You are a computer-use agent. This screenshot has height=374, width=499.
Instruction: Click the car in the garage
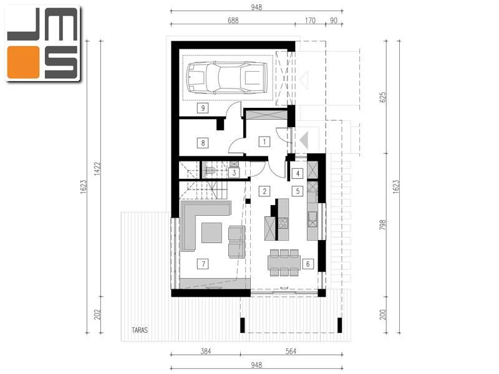(x=227, y=78)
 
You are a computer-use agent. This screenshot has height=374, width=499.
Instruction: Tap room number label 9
(x=203, y=108)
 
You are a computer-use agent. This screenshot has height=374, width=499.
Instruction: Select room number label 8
(x=203, y=143)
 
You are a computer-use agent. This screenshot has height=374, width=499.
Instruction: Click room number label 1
(x=264, y=141)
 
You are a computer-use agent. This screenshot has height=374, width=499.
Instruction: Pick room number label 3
(x=235, y=173)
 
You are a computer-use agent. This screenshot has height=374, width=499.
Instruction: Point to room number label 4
(x=298, y=173)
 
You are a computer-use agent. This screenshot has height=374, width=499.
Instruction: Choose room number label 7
(x=203, y=264)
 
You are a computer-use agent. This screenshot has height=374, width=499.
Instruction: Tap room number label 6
(x=308, y=264)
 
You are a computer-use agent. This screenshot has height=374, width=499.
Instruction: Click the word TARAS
(x=140, y=330)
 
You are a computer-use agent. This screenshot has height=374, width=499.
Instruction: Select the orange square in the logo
(x=24, y=62)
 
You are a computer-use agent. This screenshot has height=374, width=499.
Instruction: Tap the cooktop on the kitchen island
(x=283, y=223)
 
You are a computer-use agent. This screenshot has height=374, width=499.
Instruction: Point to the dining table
(x=284, y=262)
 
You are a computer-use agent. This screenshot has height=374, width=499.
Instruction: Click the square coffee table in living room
(x=211, y=233)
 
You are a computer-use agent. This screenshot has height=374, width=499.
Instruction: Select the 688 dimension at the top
(x=233, y=21)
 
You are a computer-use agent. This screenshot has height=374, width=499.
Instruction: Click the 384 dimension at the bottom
(x=206, y=352)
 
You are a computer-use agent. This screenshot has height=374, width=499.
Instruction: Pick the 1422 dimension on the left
(x=97, y=168)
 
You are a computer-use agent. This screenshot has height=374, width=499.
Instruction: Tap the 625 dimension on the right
(x=383, y=97)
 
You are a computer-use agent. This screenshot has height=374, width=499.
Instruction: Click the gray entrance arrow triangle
(x=304, y=140)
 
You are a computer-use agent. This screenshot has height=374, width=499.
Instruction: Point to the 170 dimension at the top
(x=310, y=21)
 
